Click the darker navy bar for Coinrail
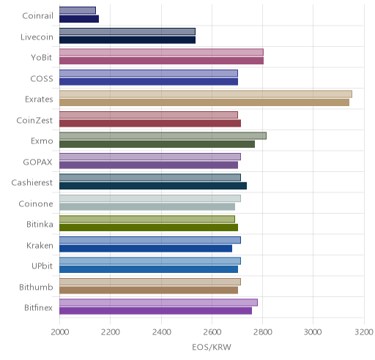(79, 19)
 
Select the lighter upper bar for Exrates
(206, 94)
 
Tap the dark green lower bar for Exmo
(157, 144)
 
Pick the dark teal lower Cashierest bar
(153, 186)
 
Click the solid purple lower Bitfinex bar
(155, 311)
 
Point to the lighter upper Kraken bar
(150, 240)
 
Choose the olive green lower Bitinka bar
(149, 228)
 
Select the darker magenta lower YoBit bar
(161, 61)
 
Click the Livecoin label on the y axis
(37, 37)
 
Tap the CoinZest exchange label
(34, 121)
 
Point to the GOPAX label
(37, 162)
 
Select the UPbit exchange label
(42, 266)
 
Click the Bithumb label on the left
(36, 287)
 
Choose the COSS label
(42, 79)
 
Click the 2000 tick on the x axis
(60, 332)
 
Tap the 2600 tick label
(212, 332)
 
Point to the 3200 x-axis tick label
(364, 332)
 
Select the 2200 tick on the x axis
(111, 332)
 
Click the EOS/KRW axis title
(212, 347)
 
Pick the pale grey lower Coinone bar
(147, 207)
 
